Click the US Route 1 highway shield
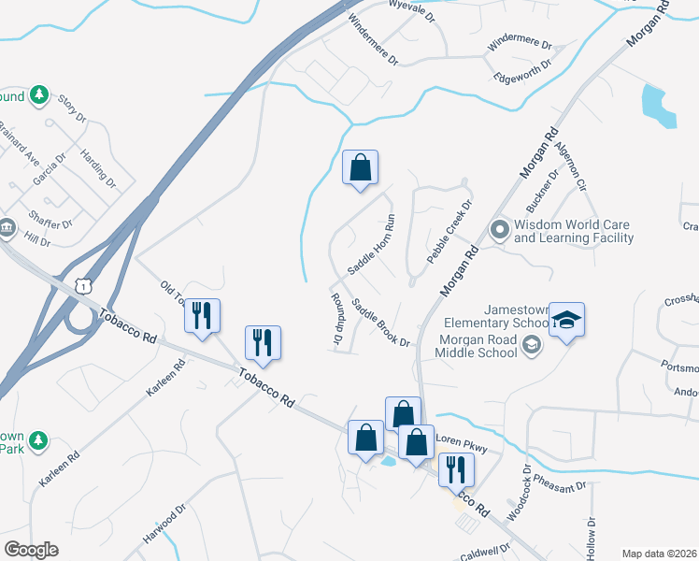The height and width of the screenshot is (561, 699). click(84, 281)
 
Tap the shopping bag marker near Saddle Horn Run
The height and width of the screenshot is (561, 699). click(360, 169)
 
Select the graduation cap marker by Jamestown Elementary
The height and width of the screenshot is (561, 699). click(565, 321)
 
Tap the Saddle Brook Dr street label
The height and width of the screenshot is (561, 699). click(381, 322)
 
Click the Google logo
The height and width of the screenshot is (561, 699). click(30, 550)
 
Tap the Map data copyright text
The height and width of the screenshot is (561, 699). click(658, 554)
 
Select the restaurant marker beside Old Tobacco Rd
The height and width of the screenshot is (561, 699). click(201, 316)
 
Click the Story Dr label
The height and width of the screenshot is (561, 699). click(72, 108)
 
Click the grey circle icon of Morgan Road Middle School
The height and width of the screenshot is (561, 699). click(532, 346)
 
